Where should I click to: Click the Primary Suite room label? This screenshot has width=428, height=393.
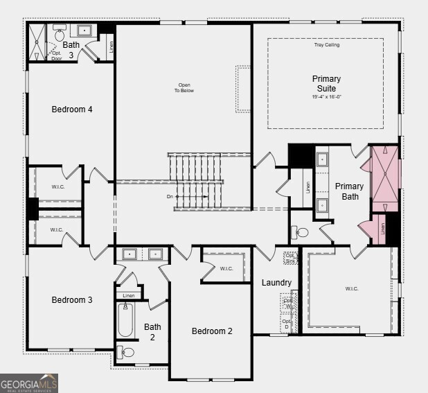pyautogui.click(x=326, y=83)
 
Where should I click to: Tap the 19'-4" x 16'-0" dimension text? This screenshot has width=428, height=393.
pyautogui.click(x=326, y=97)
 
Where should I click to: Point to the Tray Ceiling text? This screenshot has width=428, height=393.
pyautogui.click(x=326, y=45)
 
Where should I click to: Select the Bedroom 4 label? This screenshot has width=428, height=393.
pyautogui.click(x=72, y=110)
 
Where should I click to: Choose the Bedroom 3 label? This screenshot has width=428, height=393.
pyautogui.click(x=72, y=300)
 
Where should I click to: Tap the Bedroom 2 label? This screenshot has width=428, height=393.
pyautogui.click(x=212, y=331)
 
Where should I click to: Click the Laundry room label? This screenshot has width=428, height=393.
pyautogui.click(x=276, y=283)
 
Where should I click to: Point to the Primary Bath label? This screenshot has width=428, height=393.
pyautogui.click(x=349, y=191)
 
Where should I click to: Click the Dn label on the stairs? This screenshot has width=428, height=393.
pyautogui.click(x=170, y=197)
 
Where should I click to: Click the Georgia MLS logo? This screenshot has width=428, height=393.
pyautogui.click(x=29, y=383)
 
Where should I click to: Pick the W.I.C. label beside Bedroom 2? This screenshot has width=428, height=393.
pyautogui.click(x=226, y=268)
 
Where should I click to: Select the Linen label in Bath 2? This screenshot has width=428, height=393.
pyautogui.click(x=128, y=296)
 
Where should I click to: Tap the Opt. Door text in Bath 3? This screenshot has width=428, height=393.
pyautogui.click(x=57, y=55)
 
